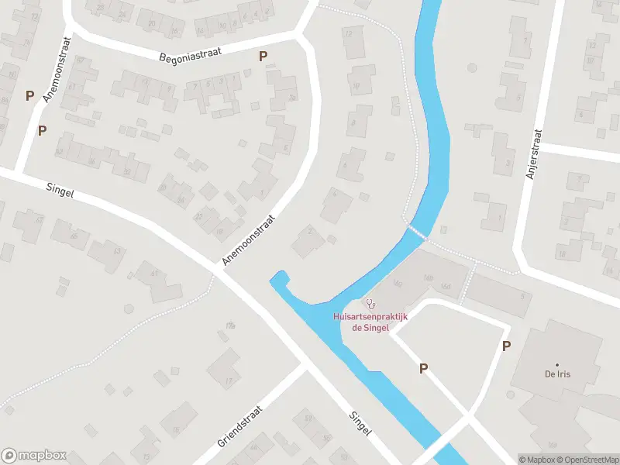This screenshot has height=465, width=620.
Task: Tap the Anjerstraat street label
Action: tap(532, 155)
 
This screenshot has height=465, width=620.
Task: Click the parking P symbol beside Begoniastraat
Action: tap(263, 56)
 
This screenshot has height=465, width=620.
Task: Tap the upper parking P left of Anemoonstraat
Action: tap(30, 96)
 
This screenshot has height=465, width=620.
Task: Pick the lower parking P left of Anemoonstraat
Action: tap(43, 130)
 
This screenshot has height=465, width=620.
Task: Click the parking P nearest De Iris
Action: tap(506, 346)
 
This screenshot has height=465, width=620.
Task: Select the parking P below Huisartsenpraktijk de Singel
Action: tap(423, 369)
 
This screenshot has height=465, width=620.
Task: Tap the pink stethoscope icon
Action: tap(371, 304)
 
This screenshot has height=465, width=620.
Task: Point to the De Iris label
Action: tap(557, 374)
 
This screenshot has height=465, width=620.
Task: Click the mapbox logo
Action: tap(34, 456)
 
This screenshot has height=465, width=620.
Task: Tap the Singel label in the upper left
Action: tap(60, 189)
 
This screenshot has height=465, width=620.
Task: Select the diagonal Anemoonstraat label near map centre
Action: tap(248, 241)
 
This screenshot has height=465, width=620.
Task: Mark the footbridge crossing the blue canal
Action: tap(418, 231)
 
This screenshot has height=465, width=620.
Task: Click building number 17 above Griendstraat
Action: tap(229, 381)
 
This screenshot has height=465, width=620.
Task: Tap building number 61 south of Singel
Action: tap(153, 273)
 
